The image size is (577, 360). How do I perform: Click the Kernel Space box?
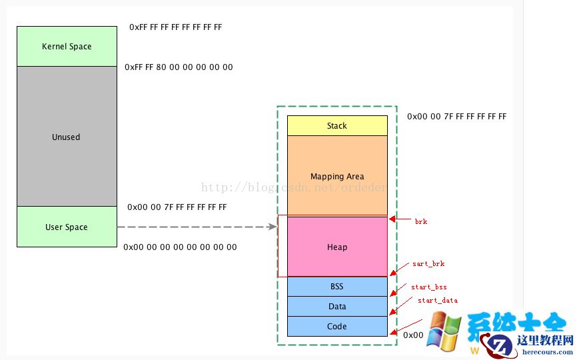click(x=67, y=47)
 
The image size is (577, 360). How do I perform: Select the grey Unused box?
click(x=67, y=137)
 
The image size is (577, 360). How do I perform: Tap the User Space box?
click(x=67, y=227)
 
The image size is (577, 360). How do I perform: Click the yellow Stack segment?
click(x=337, y=125)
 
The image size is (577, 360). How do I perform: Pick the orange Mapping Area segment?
click(x=337, y=176)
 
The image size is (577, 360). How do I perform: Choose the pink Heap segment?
click(x=337, y=247)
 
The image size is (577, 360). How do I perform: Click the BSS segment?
click(x=337, y=287)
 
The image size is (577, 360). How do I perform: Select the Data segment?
click(x=337, y=307)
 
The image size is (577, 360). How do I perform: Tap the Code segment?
click(x=337, y=327)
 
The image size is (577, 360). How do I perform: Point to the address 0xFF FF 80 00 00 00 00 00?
click(x=179, y=67)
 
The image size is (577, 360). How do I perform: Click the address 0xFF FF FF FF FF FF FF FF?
click(x=176, y=27)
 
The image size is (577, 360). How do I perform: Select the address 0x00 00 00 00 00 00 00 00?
click(x=180, y=247)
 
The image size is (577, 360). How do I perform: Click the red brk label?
click(x=421, y=221)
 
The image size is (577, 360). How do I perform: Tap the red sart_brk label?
click(x=428, y=264)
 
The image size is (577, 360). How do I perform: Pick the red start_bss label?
click(x=429, y=287)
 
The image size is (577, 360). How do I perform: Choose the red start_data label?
click(x=438, y=301)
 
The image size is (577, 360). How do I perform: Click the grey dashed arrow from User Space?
click(x=197, y=227)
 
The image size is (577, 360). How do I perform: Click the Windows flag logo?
click(x=444, y=330)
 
